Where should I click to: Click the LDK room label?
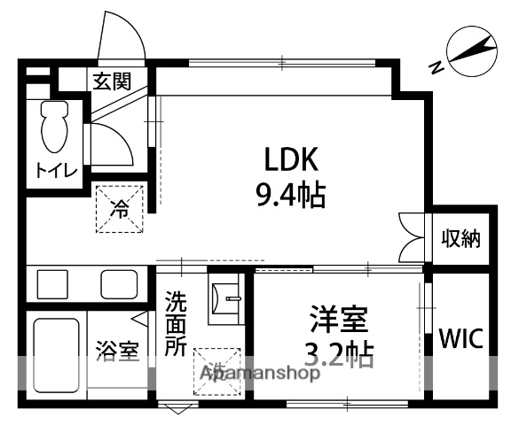point(287,159)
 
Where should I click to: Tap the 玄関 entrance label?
point(112,82)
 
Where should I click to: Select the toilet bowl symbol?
point(54,128)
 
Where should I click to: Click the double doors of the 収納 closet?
point(413,237)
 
